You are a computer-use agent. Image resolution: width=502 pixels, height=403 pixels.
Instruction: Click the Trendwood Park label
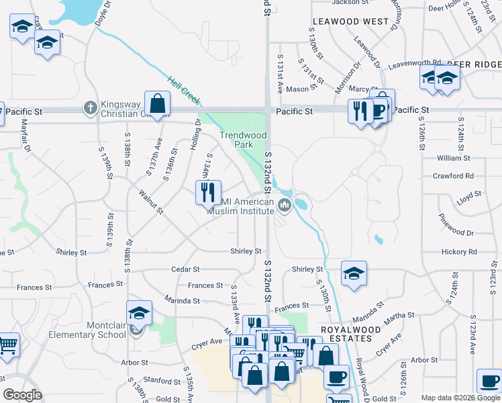click(x=243, y=140)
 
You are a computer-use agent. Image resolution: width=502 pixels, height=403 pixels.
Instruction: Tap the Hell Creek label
click(x=184, y=90)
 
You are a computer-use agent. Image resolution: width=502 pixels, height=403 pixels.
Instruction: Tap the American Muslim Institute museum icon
click(x=284, y=205)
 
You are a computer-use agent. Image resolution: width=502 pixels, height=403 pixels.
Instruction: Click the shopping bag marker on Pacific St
click(x=157, y=104)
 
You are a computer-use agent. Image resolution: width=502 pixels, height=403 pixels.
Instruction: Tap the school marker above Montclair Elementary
click(x=139, y=312)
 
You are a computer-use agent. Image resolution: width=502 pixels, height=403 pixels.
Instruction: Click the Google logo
click(x=22, y=395)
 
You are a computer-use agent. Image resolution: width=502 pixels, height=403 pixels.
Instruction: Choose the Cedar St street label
click(x=186, y=269)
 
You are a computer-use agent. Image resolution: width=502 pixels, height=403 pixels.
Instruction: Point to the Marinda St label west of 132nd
click(x=182, y=300)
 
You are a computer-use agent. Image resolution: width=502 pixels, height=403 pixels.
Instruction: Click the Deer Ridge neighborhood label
click(x=474, y=64)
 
